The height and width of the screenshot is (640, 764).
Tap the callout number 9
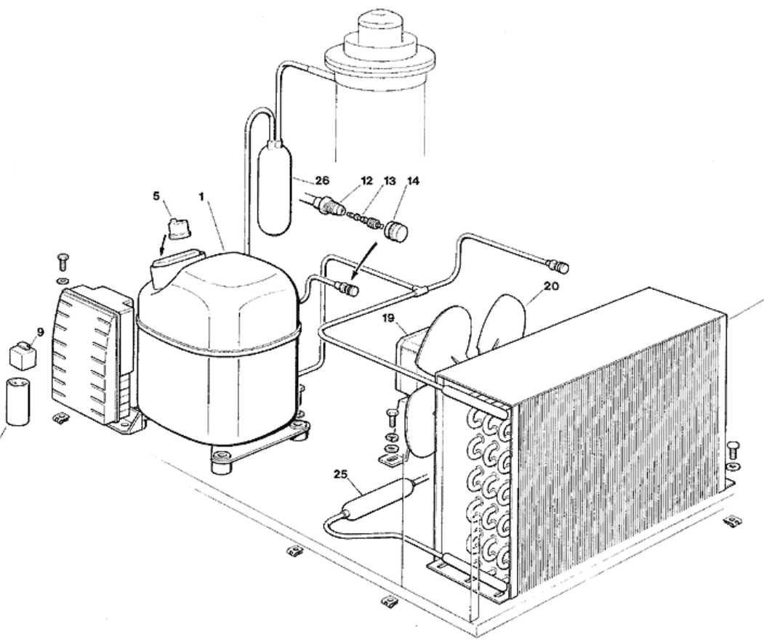coord(40,332)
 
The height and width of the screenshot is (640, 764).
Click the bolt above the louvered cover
coord(63,260)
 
